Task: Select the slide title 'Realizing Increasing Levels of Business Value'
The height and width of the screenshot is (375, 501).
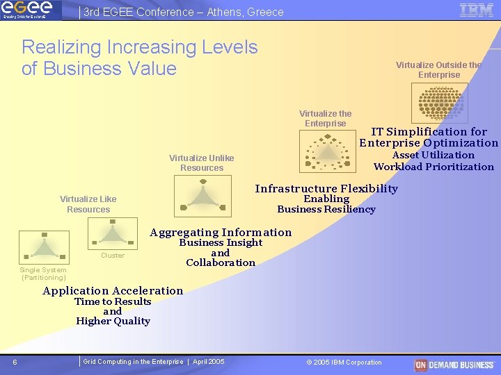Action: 139,58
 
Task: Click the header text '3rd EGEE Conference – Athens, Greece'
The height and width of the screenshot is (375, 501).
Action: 183,12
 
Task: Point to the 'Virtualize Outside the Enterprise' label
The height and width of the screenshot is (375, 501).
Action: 438,69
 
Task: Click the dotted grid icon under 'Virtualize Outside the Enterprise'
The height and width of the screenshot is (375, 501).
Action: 439,101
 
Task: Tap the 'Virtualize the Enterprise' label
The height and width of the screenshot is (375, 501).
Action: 325,118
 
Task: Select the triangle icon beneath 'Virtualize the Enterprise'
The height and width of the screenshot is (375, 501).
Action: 326,151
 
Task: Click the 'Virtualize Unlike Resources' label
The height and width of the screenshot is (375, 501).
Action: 201,162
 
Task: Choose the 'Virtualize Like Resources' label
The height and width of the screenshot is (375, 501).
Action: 88,204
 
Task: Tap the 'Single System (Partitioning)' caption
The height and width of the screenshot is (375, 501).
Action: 44,274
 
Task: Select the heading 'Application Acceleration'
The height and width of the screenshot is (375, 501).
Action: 113,291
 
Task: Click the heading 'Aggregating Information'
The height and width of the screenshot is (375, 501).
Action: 221,233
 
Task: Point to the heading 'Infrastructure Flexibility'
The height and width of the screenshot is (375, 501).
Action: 326,189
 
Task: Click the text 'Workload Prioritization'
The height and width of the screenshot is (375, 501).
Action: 434,167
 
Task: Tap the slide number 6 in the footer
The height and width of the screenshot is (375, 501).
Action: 15,362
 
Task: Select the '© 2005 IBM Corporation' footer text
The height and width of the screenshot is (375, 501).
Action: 344,362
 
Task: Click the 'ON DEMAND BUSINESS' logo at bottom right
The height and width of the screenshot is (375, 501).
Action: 454,365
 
